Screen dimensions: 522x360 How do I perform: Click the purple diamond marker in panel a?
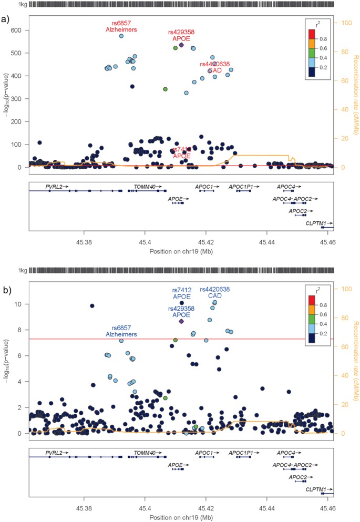click(181, 45)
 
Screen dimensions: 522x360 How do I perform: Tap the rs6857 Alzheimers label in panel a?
click(121, 26)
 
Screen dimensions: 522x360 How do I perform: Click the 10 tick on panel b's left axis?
click(19, 304)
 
